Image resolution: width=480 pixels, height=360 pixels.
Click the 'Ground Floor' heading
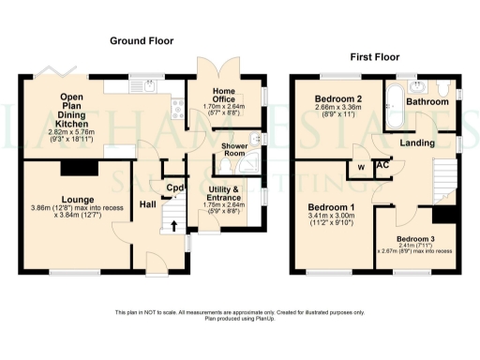click(142, 41)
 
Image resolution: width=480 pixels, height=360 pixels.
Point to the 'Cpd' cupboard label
click(174, 187)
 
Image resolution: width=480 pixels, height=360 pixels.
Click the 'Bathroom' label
click(427, 100)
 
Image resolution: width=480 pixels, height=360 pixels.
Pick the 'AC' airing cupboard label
click(382, 166)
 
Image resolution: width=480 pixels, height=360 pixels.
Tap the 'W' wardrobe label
click(361, 169)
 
